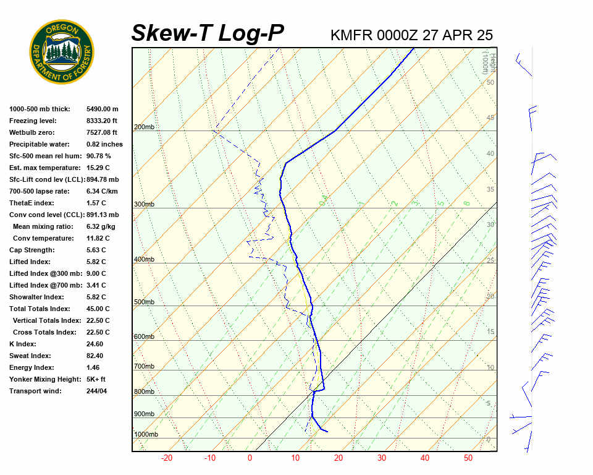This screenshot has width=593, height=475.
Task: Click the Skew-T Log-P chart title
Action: click(208, 33)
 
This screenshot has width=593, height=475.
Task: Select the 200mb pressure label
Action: click(145, 127)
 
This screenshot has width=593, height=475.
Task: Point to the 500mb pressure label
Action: click(145, 302)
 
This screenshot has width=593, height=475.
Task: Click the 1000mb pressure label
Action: click(146, 434)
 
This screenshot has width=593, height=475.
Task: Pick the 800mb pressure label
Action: click(145, 392)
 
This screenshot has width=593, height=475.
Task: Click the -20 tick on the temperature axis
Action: click(166, 458)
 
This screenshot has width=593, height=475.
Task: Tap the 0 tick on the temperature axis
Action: click(250, 458)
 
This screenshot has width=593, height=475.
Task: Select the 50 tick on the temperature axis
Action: click(468, 458)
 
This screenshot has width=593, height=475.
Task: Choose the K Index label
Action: click(23, 344)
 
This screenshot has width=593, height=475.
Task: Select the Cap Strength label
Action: click(32, 250)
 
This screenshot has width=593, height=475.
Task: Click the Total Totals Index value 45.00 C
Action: click(98, 309)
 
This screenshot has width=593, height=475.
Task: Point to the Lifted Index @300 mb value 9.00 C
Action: click(96, 273)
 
